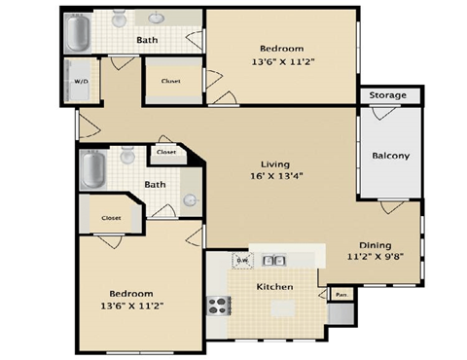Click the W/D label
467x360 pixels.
80,82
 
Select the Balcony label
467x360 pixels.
390,156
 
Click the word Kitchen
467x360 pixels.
275,287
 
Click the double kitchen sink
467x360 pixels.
274,260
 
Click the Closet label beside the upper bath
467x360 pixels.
170,80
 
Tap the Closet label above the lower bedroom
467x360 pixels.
111,218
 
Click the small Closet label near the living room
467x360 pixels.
165,152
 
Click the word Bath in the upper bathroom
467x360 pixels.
147,40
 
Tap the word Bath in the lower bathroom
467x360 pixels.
155,184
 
